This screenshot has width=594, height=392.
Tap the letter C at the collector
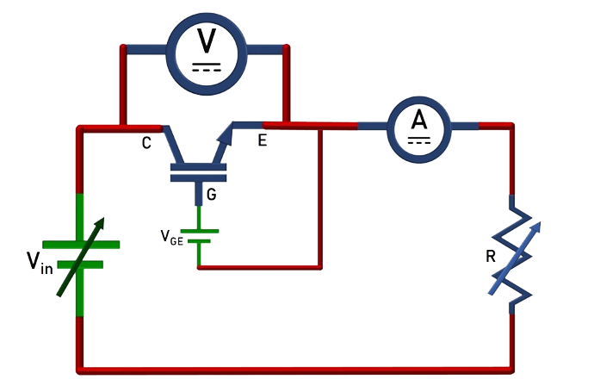point(147,143)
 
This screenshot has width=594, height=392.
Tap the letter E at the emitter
point(262,140)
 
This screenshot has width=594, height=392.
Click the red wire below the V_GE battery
point(258,268)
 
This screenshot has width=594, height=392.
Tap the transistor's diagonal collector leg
point(174,143)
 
